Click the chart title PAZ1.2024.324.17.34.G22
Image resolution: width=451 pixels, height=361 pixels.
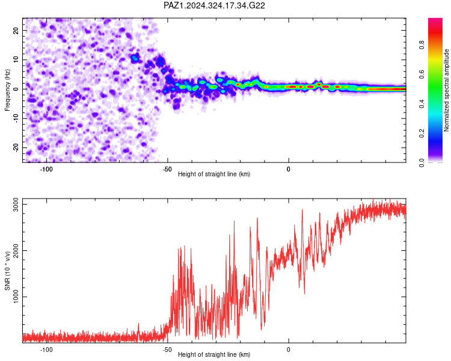pyautogui.click(x=214, y=5)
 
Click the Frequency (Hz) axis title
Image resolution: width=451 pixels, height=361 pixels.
pyautogui.click(x=7, y=90)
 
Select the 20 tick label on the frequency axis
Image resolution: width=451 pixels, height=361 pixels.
pyautogui.click(x=16, y=30)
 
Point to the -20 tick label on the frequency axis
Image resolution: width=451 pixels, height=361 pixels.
pyautogui.click(x=16, y=147)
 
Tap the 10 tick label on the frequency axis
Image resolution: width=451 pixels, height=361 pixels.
pyautogui.click(x=16, y=60)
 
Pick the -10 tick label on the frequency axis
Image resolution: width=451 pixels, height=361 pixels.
pyautogui.click(x=16, y=119)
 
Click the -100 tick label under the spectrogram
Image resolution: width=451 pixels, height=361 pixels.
pyautogui.click(x=46, y=169)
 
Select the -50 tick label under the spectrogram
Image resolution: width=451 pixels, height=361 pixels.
pyautogui.click(x=167, y=169)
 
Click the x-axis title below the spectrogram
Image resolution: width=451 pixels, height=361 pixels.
pyautogui.click(x=214, y=174)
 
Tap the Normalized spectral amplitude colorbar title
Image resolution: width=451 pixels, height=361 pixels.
pyautogui.click(x=446, y=90)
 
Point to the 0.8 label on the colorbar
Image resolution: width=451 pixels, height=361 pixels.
pyautogui.click(x=422, y=45)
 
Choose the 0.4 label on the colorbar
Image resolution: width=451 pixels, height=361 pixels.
pyautogui.click(x=422, y=103)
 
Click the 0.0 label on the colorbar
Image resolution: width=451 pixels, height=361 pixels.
pyautogui.click(x=422, y=162)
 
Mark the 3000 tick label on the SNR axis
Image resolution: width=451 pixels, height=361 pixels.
pyautogui.click(x=16, y=205)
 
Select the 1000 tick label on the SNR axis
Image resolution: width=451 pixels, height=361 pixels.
pyautogui.click(x=16, y=297)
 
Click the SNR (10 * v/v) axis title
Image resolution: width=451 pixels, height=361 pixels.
pyautogui.click(x=7, y=271)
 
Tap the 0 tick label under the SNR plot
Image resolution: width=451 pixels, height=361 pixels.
pyautogui.click(x=289, y=350)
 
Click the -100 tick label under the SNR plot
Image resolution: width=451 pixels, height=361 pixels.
pyautogui.click(x=46, y=350)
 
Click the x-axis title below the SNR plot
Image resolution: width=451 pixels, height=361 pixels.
pyautogui.click(x=214, y=354)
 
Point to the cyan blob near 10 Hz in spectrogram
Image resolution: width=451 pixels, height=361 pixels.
pyautogui.click(x=134, y=59)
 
